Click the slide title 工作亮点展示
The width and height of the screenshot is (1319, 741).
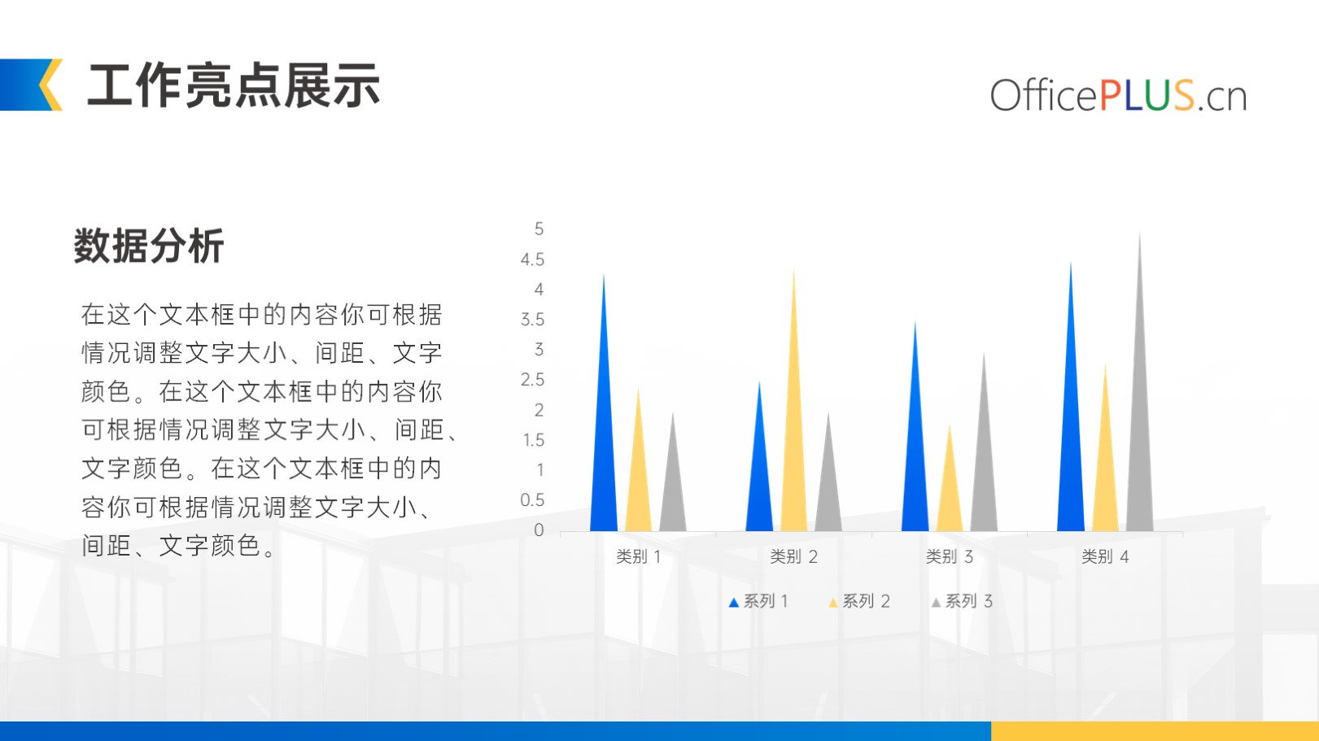[234, 86]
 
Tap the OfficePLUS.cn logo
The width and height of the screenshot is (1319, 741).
[1118, 94]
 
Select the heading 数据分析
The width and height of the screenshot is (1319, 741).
[148, 246]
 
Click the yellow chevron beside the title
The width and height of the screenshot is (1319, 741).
[51, 85]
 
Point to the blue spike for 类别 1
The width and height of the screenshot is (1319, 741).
[604, 424]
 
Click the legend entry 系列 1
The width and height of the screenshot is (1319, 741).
[758, 602]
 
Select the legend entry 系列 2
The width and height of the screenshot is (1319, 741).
[859, 602]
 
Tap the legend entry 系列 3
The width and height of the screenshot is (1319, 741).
[962, 602]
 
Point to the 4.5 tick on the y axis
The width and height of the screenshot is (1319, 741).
[532, 259]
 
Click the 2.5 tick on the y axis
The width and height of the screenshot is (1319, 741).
[532, 380]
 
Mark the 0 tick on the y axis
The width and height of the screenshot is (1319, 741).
[539, 530]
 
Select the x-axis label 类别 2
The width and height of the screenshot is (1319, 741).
[793, 557]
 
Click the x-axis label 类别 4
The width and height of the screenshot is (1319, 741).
[1105, 557]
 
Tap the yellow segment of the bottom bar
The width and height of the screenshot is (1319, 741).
[1155, 731]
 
